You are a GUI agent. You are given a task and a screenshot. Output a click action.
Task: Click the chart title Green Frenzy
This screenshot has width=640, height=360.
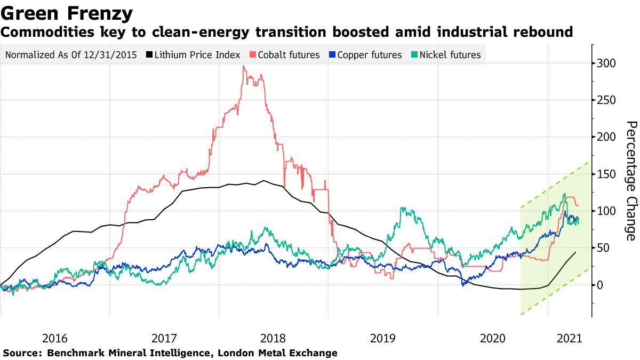(67, 12)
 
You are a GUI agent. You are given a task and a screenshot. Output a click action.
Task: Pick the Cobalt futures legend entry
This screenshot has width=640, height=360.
(292, 55)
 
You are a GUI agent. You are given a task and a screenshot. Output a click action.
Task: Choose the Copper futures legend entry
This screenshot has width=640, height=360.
(370, 55)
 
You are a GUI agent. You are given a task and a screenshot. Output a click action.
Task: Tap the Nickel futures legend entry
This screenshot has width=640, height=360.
(450, 55)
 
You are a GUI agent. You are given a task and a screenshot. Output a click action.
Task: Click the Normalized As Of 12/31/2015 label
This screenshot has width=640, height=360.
(70, 55)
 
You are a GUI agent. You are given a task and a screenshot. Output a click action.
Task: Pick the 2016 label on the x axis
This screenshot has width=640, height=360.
(54, 338)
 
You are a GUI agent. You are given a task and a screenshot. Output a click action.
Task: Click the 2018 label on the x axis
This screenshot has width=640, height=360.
(273, 338)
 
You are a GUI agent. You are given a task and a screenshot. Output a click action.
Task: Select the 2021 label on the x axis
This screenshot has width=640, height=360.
(569, 338)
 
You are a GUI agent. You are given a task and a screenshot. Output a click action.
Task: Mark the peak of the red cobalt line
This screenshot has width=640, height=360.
(243, 66)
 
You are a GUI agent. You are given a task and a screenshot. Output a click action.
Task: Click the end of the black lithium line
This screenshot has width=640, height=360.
(575, 252)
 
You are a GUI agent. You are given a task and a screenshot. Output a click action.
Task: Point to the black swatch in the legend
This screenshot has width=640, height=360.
(150, 55)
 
